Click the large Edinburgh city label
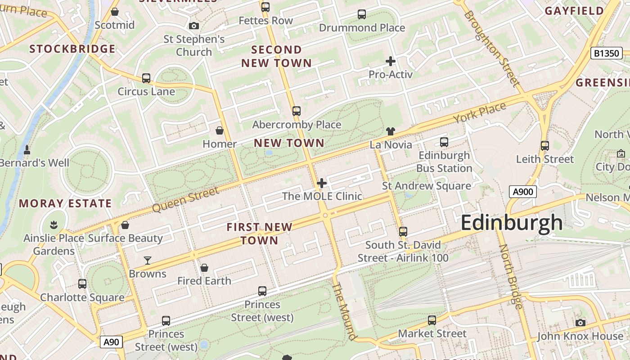[x=512, y=223]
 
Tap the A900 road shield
[x=523, y=192]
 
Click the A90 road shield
[x=111, y=342]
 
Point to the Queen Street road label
[x=185, y=200]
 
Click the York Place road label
[x=479, y=112]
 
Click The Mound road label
[x=345, y=311]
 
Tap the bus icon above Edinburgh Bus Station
[x=444, y=142]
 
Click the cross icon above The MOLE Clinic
[x=322, y=183]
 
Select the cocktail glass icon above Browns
[x=147, y=260]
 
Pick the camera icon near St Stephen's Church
[x=194, y=26]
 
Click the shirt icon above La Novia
[x=390, y=131]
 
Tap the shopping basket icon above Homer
[x=220, y=130]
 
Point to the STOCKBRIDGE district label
[x=72, y=49]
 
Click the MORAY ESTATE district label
[x=65, y=203]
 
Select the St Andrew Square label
[x=426, y=186]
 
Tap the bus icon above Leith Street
[x=544, y=146]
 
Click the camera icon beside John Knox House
[x=580, y=323]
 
